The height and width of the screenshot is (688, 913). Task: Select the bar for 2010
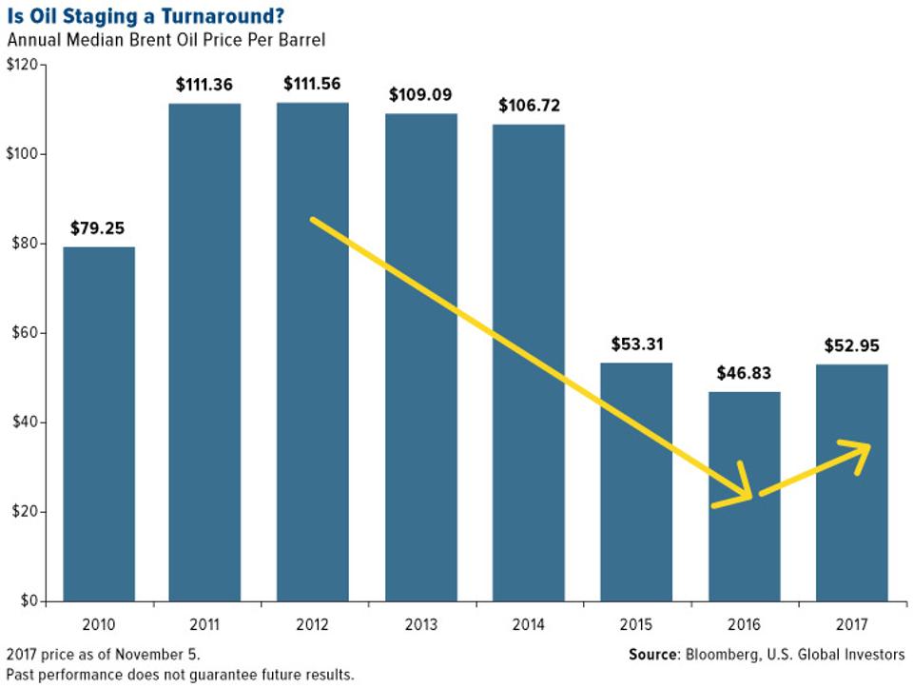tap(99, 423)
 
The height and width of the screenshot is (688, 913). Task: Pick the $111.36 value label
tap(204, 85)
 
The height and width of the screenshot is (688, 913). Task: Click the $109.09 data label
tap(420, 95)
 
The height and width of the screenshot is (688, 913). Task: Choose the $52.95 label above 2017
tap(853, 345)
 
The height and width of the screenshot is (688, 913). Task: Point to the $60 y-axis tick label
tap(25, 333)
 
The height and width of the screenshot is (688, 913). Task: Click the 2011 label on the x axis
tap(204, 624)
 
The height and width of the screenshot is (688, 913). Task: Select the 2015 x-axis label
tap(637, 624)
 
